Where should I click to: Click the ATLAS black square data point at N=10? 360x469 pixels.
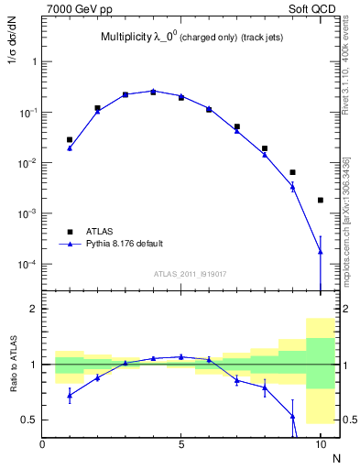coord(320,200)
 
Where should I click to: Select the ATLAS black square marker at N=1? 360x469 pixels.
coord(70,140)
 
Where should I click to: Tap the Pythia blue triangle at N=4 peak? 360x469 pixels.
coord(153,91)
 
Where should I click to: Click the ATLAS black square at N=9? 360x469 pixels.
coord(292,172)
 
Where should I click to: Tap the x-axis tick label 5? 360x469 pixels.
coord(181,442)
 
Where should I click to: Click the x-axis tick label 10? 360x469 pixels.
coord(320,442)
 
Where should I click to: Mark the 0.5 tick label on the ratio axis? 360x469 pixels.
coord(28,420)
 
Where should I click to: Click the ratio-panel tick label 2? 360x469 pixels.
coord(32,309)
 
